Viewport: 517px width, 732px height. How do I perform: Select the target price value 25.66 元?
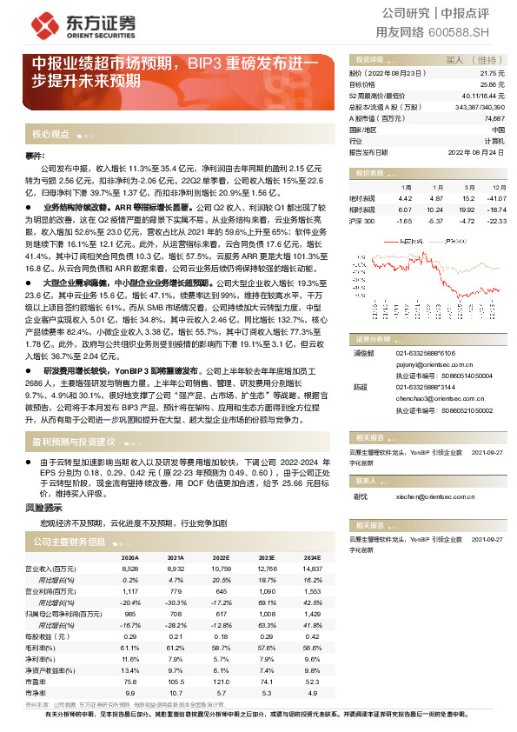click(x=492, y=85)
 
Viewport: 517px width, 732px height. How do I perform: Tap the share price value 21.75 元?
click(x=492, y=75)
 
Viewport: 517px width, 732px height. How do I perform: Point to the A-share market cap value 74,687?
click(x=494, y=117)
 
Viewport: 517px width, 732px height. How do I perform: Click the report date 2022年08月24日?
click(x=476, y=150)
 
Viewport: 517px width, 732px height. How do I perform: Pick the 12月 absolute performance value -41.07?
click(x=496, y=198)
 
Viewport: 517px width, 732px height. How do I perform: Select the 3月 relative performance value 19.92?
click(x=467, y=210)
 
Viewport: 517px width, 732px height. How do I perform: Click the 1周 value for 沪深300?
click(x=405, y=221)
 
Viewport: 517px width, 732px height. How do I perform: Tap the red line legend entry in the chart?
click(x=400, y=239)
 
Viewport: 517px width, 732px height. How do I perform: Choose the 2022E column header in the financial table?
click(x=222, y=557)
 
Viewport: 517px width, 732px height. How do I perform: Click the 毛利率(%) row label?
click(x=50, y=648)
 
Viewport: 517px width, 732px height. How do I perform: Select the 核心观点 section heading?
click(x=50, y=136)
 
